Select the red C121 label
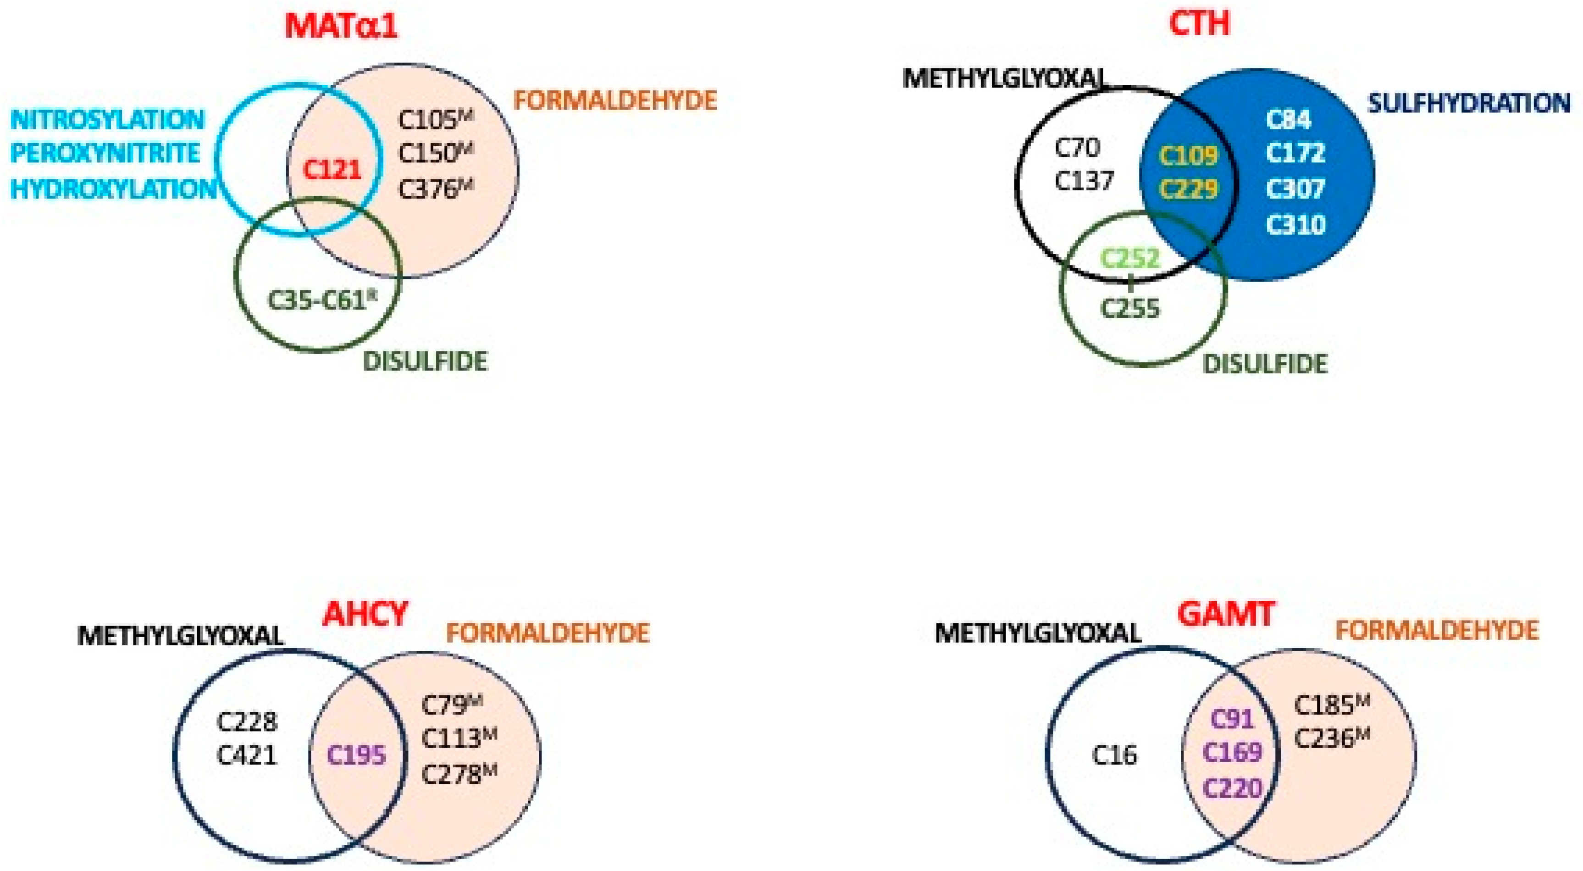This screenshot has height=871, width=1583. pos(332,170)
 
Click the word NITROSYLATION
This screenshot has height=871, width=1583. pos(108,120)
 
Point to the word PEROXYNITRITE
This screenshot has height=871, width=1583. pos(105,154)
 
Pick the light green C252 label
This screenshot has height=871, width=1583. pos(1129,259)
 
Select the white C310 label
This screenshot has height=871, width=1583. pos(1295,225)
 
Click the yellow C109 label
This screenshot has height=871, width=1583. pos(1187,155)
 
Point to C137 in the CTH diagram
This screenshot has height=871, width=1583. pos(1084,181)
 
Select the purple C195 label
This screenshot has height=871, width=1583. pos(356,755)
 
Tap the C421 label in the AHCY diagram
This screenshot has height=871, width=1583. pos(247,755)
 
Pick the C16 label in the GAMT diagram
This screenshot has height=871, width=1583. pos(1114,755)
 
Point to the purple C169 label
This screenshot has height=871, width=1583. pos(1232,752)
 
